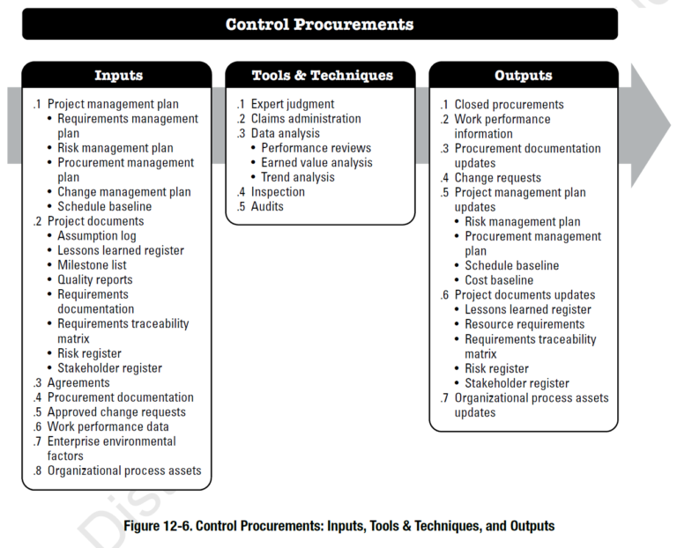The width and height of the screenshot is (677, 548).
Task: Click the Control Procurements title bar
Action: pyautogui.click(x=319, y=24)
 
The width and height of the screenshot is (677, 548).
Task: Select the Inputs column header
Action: pyautogui.click(x=117, y=77)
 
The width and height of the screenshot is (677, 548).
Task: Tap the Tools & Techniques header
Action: pyautogui.click(x=319, y=77)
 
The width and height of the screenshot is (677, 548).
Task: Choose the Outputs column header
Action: pyautogui.click(x=523, y=77)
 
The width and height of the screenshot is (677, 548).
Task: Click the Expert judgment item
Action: pyautogui.click(x=292, y=104)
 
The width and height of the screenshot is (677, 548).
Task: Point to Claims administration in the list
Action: pyautogui.click(x=305, y=119)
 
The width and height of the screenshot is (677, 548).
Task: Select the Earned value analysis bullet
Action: pyautogui.click(x=316, y=163)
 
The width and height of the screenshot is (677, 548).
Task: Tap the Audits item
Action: pyautogui.click(x=267, y=207)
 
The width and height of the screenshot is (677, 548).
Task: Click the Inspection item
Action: pyautogui.click(x=278, y=192)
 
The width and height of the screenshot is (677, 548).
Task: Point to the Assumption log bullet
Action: pyautogui.click(x=97, y=236)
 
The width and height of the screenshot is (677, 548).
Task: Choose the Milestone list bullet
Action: pyautogui.click(x=92, y=265)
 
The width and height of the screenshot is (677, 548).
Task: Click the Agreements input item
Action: pyautogui.click(x=78, y=383)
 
